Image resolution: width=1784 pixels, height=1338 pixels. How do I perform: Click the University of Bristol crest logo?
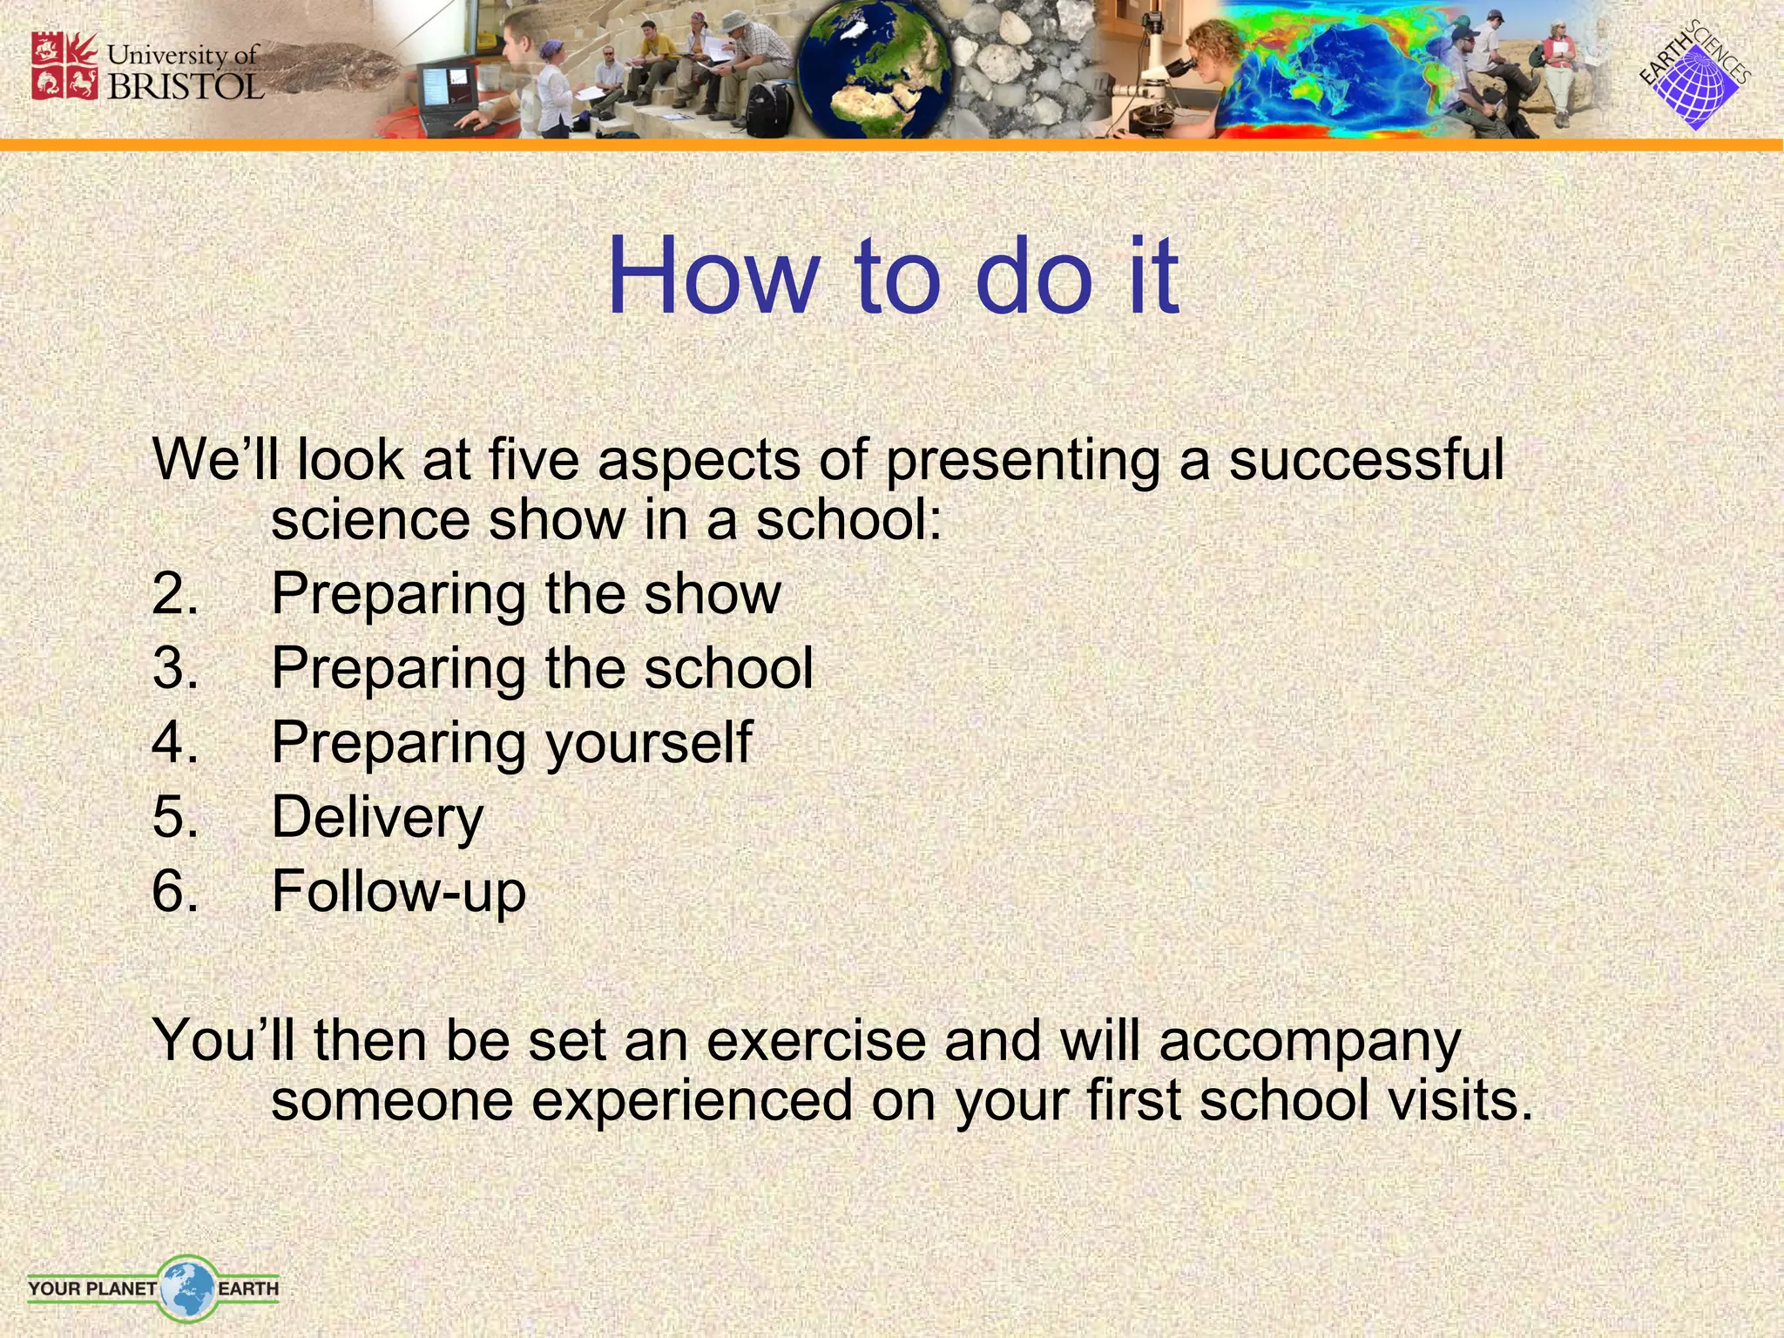click(64, 66)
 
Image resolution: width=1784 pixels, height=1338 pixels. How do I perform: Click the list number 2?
click(175, 594)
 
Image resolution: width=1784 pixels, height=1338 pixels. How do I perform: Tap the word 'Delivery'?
click(377, 818)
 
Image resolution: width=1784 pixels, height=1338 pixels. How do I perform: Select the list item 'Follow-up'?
click(398, 892)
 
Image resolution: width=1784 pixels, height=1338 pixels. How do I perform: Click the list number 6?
click(175, 892)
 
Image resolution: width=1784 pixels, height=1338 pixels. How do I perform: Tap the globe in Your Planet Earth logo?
click(186, 1287)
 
